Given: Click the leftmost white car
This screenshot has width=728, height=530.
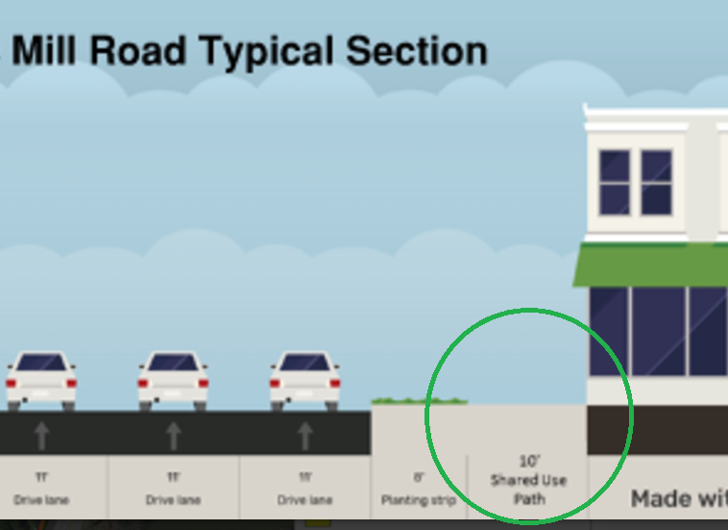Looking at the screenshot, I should click(x=41, y=379).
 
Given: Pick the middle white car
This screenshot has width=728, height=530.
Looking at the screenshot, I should click(x=173, y=379).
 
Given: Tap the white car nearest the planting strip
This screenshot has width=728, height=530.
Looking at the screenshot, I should click(x=304, y=379).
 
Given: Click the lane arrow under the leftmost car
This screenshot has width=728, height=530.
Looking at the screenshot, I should click(x=41, y=436).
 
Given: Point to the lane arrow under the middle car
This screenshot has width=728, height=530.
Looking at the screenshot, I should click(x=173, y=436).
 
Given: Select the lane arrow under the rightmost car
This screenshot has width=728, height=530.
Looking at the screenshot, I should click(x=305, y=436).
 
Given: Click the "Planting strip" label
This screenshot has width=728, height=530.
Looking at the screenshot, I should click(x=418, y=500).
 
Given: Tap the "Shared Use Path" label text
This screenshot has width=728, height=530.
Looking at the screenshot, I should click(x=528, y=489).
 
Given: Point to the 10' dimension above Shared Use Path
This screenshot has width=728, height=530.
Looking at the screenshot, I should click(x=528, y=462).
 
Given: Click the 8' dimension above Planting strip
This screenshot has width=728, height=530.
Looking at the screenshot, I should click(x=418, y=477).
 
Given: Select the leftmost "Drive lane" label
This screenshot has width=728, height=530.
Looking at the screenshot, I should click(x=41, y=500).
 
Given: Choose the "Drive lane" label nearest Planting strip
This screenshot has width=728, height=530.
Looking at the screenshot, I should click(x=305, y=500).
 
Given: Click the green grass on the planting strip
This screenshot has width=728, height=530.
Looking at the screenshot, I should click(x=419, y=400).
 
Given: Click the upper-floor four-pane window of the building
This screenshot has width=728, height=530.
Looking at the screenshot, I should click(x=636, y=182).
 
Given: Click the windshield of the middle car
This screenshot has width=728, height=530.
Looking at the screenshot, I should click(x=173, y=363).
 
